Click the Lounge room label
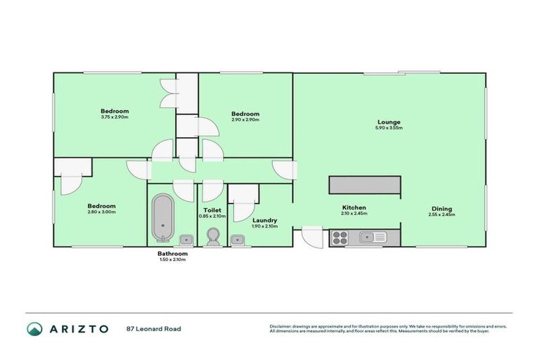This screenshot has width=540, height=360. (388, 122)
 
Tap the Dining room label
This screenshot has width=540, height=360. (442, 208)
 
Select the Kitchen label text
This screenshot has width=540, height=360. (354, 207)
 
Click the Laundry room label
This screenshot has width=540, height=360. (264, 220)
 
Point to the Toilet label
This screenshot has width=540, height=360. (212, 210)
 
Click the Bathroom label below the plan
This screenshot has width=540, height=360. (172, 253)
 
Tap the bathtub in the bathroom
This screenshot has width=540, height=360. (162, 217)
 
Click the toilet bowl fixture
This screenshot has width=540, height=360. (214, 237)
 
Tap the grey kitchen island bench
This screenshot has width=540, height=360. (365, 184)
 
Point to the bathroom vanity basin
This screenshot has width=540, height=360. (188, 240)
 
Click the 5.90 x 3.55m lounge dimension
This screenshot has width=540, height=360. (388, 129)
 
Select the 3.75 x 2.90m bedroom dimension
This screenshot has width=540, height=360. (115, 117)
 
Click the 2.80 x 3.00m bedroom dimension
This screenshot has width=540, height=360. (102, 212)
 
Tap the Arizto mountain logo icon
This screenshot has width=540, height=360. (34, 328)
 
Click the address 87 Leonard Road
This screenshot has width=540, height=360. (153, 328)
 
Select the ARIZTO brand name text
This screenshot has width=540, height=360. (79, 328)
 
